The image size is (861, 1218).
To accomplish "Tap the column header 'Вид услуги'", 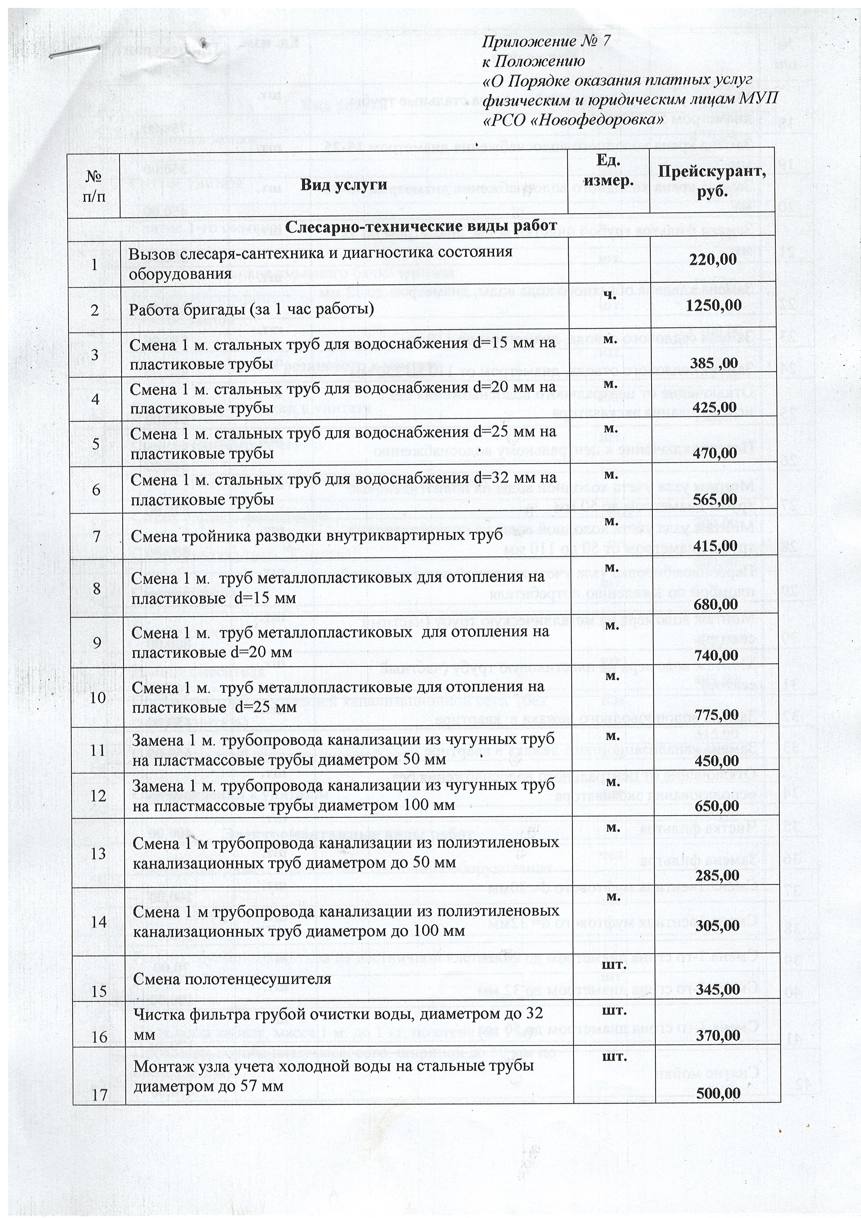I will [343, 185].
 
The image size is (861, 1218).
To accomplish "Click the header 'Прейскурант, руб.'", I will [712, 182].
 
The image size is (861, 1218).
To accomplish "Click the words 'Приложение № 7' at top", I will [546, 42].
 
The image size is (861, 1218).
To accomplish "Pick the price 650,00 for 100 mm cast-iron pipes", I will [717, 806].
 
